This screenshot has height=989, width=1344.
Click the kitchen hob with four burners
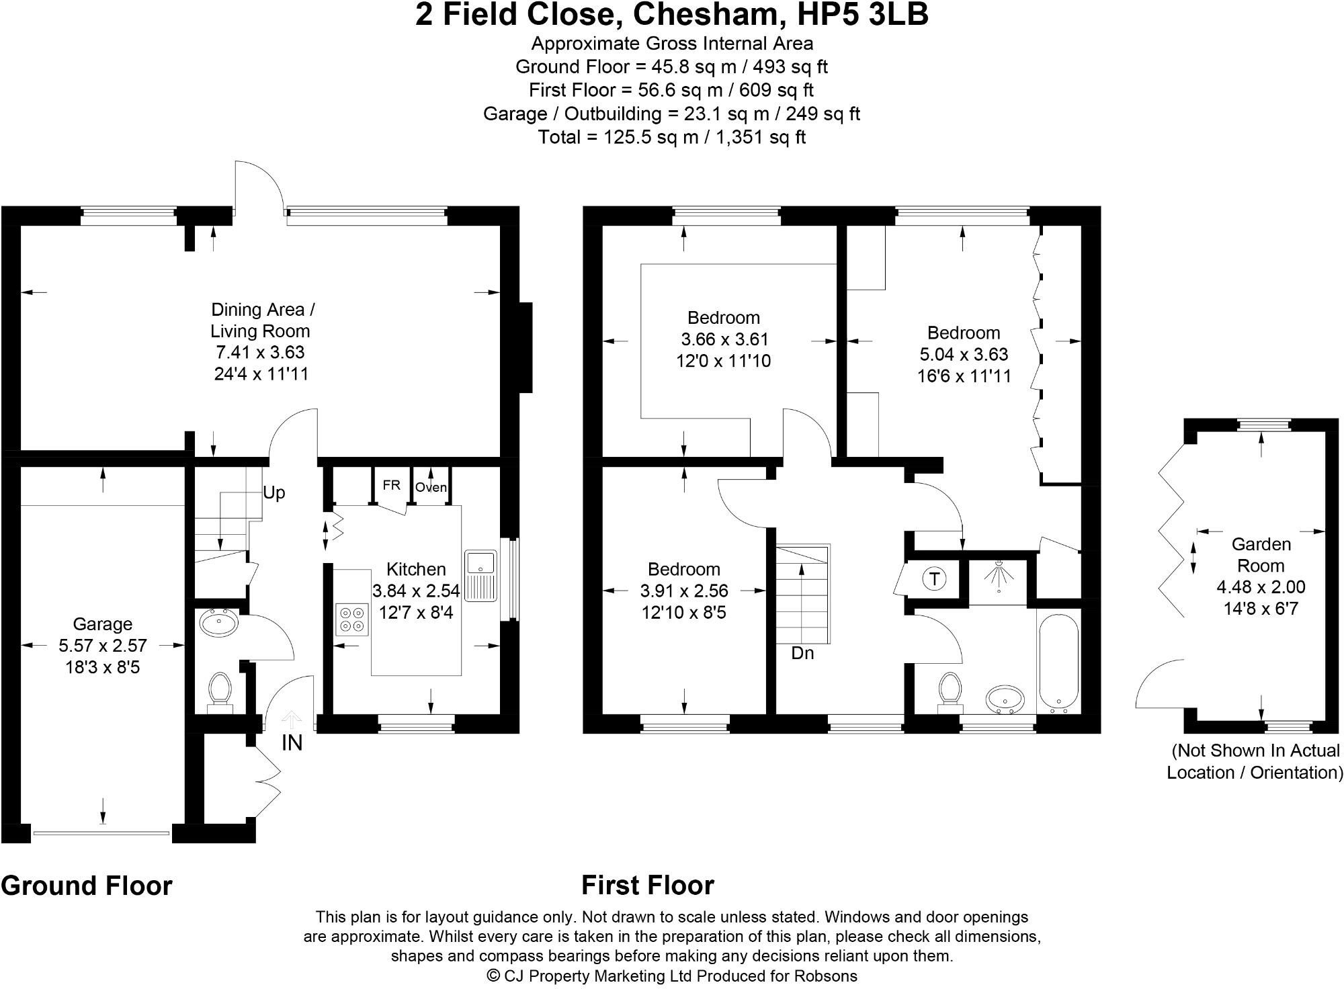point(352,619)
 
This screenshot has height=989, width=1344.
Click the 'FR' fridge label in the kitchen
point(392,485)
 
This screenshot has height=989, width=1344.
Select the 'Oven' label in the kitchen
point(431,487)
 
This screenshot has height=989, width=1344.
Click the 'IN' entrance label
point(292,742)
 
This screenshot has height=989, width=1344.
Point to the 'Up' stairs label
point(274,493)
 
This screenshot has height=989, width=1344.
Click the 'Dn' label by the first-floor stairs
point(802,653)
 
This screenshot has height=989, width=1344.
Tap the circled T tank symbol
point(934,578)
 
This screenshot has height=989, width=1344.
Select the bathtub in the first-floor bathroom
point(1058,661)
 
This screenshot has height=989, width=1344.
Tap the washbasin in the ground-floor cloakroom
point(219,623)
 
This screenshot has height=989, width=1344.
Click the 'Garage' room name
point(102,624)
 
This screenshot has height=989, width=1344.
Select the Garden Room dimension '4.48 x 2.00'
point(1261,587)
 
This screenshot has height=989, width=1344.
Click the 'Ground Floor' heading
point(87,886)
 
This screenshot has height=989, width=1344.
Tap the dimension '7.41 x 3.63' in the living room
point(260,352)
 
